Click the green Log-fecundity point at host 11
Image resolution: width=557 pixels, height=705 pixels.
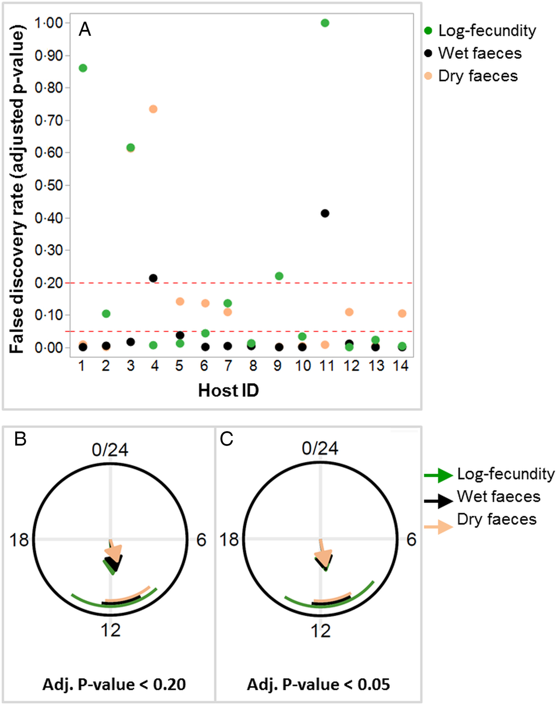click(325, 23)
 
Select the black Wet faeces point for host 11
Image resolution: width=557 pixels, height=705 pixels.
click(325, 213)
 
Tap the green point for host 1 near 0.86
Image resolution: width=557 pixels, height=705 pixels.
click(83, 68)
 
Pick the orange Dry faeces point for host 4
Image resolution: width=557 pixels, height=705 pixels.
click(153, 109)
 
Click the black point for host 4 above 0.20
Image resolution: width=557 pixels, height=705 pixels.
click(153, 278)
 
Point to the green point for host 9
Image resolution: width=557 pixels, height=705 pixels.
click(279, 276)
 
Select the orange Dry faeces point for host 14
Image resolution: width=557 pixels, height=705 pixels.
click(402, 314)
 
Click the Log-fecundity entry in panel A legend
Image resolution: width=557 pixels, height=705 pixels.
click(487, 31)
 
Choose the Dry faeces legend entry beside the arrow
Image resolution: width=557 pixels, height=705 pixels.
click(497, 519)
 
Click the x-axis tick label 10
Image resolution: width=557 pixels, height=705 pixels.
click(303, 366)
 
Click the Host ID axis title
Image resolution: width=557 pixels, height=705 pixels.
click(228, 390)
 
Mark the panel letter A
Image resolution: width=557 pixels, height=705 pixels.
click(85, 29)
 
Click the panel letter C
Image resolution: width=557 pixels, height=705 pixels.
click(226, 439)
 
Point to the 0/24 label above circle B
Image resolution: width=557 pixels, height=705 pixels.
click(110, 450)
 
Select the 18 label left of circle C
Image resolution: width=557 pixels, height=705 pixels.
click(229, 540)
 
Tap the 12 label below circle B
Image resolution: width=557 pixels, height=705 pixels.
click(111, 630)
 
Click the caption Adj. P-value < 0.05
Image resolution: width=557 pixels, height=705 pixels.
click(318, 684)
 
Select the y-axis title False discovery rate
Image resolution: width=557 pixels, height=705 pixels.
click(17, 189)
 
